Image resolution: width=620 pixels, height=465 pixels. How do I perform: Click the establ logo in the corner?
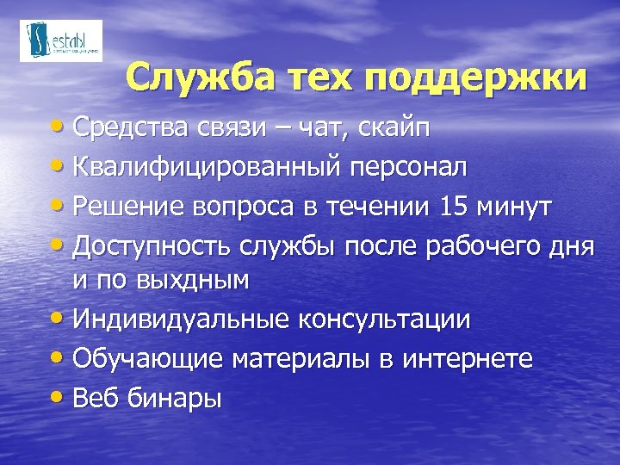click(x=61, y=40)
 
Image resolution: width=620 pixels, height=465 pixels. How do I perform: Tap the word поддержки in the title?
click(x=475, y=79)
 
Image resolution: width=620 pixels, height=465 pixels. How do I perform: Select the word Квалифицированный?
click(x=208, y=168)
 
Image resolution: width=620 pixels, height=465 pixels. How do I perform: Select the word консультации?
click(x=384, y=319)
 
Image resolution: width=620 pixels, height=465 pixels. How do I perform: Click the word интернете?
click(x=465, y=357)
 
